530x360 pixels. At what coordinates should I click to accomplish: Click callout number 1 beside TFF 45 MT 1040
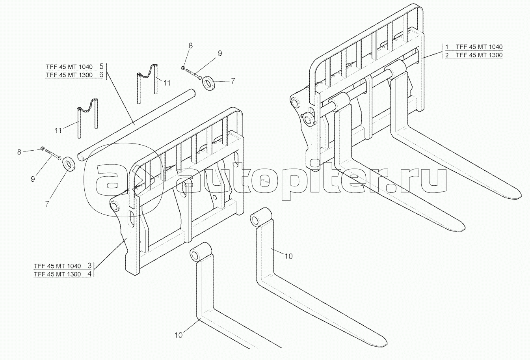pyautogui.click(x=447, y=47)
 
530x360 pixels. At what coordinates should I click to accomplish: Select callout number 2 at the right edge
pyautogui.click(x=447, y=55)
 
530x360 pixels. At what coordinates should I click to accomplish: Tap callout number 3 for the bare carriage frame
pyautogui.click(x=89, y=265)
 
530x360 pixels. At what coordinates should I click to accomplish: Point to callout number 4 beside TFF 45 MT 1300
pyautogui.click(x=89, y=274)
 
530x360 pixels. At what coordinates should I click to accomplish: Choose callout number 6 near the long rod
pyautogui.click(x=101, y=75)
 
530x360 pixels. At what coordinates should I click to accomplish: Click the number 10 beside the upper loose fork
pyautogui.click(x=288, y=256)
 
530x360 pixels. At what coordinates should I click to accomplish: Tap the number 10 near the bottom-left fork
pyautogui.click(x=179, y=335)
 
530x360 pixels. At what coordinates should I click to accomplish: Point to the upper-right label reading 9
pyautogui.click(x=220, y=53)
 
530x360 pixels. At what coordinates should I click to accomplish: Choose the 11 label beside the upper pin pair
pyautogui.click(x=167, y=83)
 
